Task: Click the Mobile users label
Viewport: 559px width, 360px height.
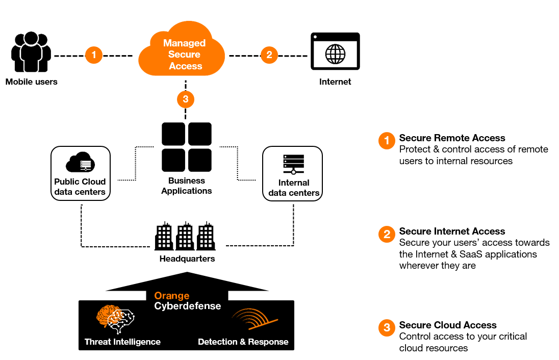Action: pyautogui.click(x=32, y=82)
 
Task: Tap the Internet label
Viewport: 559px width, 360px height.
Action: pyautogui.click(x=335, y=82)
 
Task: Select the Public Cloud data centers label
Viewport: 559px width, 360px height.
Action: pyautogui.click(x=80, y=187)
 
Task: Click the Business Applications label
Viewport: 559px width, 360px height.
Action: pyautogui.click(x=187, y=186)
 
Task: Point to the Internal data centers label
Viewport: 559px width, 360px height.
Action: pyautogui.click(x=294, y=188)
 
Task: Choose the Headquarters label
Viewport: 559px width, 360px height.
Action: pyautogui.click(x=188, y=259)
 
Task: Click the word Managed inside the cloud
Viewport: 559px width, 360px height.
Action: pyautogui.click(x=184, y=43)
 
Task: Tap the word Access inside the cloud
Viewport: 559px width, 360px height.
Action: pyautogui.click(x=186, y=66)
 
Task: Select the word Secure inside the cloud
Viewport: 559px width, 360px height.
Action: pyautogui.click(x=184, y=55)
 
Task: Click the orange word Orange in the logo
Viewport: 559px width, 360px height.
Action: pyautogui.click(x=172, y=296)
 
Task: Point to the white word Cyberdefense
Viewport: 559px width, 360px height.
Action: pyautogui.click(x=188, y=306)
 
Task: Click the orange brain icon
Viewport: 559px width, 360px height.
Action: pyautogui.click(x=108, y=316)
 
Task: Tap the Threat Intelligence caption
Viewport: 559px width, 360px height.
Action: pyautogui.click(x=122, y=342)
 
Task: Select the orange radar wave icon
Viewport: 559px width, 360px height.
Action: pyautogui.click(x=255, y=319)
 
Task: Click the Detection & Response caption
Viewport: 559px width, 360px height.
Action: pyautogui.click(x=243, y=342)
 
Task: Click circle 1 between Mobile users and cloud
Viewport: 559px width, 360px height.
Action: pyautogui.click(x=94, y=55)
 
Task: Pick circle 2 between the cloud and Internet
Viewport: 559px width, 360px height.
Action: pyautogui.click(x=269, y=55)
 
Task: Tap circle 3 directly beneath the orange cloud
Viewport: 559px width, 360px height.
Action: pyautogui.click(x=186, y=99)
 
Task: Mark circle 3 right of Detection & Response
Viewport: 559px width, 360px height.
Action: pyautogui.click(x=387, y=327)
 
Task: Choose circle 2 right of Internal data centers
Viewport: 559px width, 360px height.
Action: pyautogui.click(x=387, y=235)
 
